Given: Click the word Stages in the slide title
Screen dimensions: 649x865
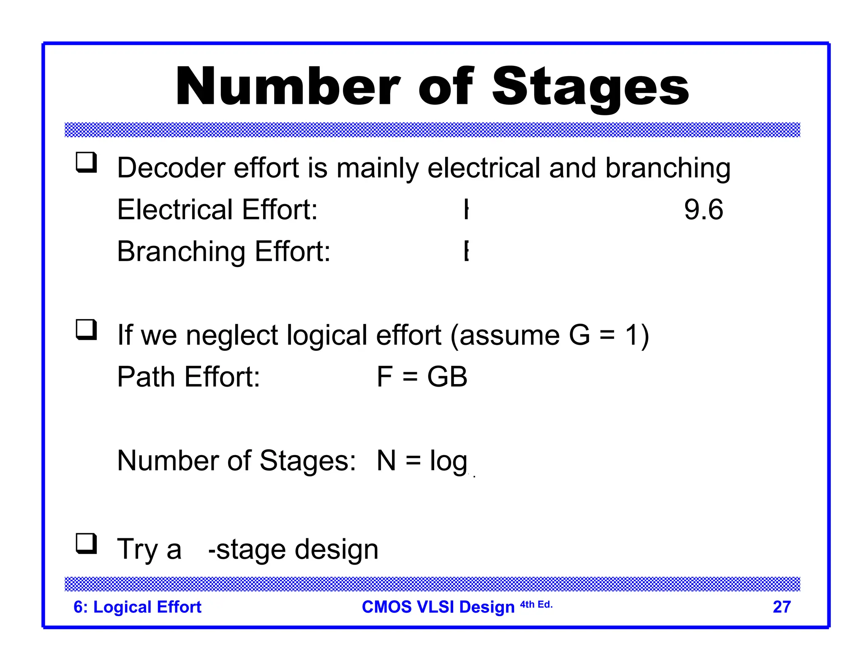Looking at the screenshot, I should [590, 87].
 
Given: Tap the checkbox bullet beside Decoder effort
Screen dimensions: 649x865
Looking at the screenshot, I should [86, 163].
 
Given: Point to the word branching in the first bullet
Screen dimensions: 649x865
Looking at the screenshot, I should [668, 169].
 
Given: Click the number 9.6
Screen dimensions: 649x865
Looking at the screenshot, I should [703, 210].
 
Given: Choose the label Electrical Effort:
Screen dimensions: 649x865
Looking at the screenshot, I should [217, 210].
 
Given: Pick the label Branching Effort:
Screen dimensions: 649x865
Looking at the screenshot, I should [223, 251].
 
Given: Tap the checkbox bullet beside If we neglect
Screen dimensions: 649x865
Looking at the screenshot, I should [86, 330].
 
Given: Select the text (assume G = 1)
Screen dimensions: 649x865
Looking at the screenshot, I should [549, 335].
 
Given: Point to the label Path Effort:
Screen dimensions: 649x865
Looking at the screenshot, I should [188, 376].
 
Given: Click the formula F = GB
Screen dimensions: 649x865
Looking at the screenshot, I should [422, 376].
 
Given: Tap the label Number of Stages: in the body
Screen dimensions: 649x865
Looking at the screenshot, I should [237, 460].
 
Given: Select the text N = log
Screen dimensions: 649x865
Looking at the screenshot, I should [422, 461].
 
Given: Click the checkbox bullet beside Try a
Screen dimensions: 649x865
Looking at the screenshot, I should [86, 544].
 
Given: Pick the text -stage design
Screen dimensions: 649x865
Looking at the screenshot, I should [293, 549].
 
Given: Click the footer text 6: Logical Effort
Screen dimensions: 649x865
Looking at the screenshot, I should [137, 607].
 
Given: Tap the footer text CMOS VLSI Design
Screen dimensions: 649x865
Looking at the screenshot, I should [438, 607].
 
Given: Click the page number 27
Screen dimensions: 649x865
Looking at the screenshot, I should [781, 607].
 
